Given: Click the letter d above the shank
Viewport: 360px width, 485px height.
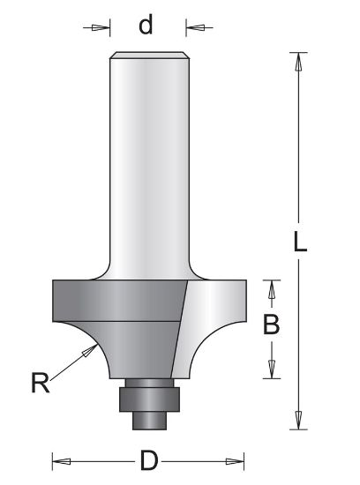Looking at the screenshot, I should pyautogui.click(x=146, y=26).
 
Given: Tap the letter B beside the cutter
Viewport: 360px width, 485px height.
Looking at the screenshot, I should pyautogui.click(x=272, y=325).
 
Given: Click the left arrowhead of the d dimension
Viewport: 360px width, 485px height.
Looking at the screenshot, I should pyautogui.click(x=104, y=28).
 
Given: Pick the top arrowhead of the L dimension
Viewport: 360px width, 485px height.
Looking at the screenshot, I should pyautogui.click(x=300, y=62).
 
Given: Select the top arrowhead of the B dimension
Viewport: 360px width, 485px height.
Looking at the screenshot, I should pyautogui.click(x=273, y=289).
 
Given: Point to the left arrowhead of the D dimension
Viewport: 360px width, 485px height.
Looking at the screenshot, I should pyautogui.click(x=61, y=459).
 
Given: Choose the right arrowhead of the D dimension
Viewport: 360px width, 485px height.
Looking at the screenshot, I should pyautogui.click(x=236, y=459).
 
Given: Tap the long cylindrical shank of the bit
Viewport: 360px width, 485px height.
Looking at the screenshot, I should pyautogui.click(x=149, y=159).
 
